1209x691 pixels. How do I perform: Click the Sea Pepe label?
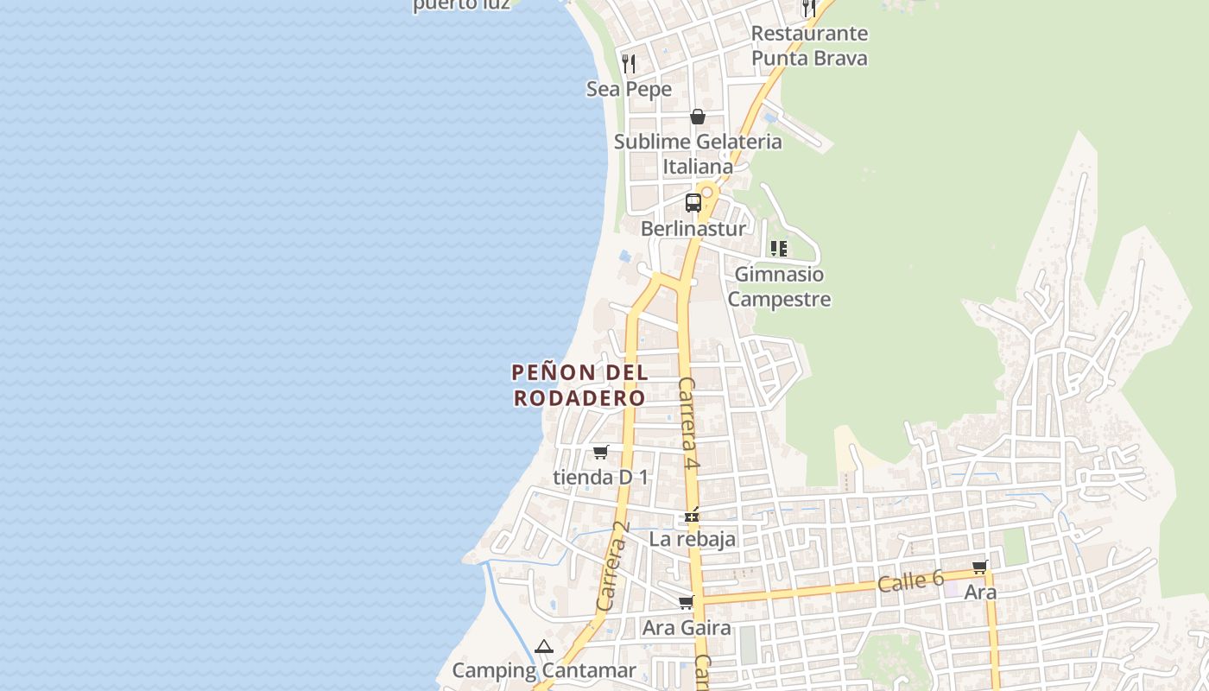click(629, 89)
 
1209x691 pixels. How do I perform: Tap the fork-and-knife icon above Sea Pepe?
click(629, 63)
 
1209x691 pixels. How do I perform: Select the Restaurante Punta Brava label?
click(809, 46)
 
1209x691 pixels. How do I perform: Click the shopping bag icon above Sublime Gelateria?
click(698, 117)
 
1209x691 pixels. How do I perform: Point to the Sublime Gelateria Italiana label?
click(698, 154)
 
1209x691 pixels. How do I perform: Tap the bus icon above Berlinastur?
click(693, 203)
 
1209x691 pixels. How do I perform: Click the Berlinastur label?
click(693, 230)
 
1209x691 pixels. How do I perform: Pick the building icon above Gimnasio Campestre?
click(779, 249)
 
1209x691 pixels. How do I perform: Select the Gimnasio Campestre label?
click(779, 287)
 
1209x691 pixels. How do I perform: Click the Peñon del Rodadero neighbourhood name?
click(579, 385)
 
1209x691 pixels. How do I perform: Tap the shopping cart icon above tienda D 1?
click(600, 452)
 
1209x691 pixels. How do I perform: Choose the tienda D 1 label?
click(600, 477)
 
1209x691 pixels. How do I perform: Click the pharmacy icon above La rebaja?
click(692, 515)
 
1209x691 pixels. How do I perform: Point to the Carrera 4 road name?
click(688, 423)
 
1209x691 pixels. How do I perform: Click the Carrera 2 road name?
click(613, 567)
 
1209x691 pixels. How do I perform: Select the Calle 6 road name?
click(910, 581)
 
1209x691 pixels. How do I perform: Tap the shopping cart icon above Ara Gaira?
click(687, 602)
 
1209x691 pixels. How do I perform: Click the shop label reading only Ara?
click(980, 593)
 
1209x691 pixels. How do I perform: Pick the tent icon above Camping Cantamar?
click(543, 646)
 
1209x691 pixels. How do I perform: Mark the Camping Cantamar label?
click(544, 670)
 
